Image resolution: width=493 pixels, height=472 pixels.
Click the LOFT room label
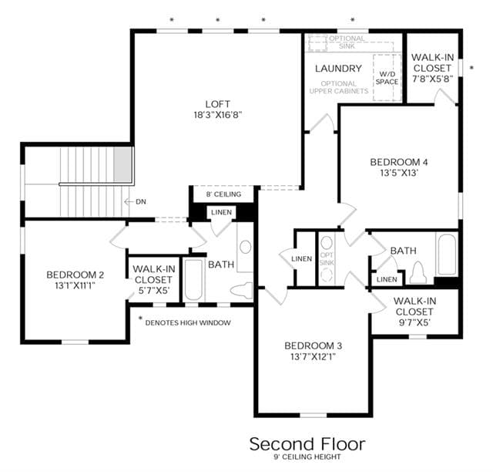coord(217,104)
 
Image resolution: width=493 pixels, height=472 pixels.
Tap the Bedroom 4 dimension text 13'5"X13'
coord(399,173)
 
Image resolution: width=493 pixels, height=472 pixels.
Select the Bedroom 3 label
coord(314,346)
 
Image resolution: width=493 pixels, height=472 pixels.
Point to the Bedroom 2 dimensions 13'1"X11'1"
coord(75,285)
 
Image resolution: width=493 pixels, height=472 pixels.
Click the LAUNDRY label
coord(338,69)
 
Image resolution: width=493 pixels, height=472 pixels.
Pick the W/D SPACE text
coord(387,78)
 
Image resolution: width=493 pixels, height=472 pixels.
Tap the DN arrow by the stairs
coord(129,201)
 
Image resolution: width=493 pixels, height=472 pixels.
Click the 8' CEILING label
coord(223,194)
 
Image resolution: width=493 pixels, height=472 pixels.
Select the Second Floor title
coord(307,444)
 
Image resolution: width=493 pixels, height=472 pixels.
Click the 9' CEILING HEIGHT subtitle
coord(307,457)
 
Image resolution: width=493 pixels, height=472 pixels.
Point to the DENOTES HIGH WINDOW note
coord(188,322)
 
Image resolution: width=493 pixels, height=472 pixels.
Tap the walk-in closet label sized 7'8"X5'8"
coord(433,68)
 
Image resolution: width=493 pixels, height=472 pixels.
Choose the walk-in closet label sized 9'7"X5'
coord(414,312)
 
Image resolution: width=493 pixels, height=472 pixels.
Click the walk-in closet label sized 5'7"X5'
coord(154,280)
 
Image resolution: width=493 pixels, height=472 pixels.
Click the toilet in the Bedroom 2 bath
coord(242,290)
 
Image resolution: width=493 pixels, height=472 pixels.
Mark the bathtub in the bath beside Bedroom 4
coord(447,255)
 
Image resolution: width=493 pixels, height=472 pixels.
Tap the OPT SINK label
coord(327,258)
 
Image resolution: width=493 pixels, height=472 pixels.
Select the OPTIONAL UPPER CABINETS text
coord(339,87)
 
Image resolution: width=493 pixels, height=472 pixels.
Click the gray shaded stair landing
coord(122,164)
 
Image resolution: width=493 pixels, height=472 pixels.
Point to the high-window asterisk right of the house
coord(471,68)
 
